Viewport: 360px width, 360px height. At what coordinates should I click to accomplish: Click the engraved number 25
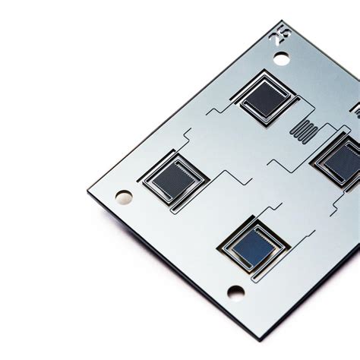(x=279, y=36)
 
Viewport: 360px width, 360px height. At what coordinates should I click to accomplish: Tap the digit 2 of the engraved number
(x=274, y=39)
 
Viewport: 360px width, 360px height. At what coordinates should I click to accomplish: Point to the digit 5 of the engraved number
(x=286, y=33)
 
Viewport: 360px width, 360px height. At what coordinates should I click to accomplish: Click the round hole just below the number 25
(x=281, y=58)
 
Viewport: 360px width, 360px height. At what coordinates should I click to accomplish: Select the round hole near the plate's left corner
(x=124, y=197)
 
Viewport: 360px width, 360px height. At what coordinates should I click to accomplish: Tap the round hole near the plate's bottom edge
(x=236, y=292)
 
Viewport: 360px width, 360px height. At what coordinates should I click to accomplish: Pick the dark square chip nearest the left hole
(x=174, y=179)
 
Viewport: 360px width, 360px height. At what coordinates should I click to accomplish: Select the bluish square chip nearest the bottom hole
(x=254, y=245)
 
